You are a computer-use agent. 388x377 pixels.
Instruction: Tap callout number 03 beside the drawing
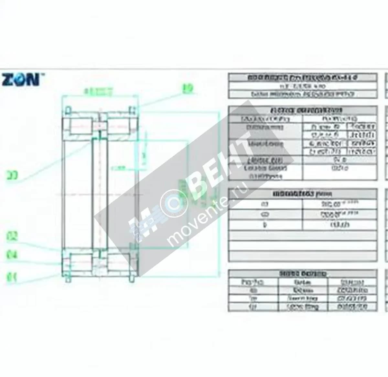pos(12,175)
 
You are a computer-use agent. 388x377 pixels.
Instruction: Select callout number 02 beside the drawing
pos(12,237)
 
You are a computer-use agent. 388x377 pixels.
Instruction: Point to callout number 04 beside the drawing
pos(12,255)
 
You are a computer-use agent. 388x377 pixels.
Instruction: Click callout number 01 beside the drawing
pos(12,277)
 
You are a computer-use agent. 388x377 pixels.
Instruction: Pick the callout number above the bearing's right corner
pos(188,88)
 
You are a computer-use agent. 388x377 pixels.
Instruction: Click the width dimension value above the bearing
pos(98,92)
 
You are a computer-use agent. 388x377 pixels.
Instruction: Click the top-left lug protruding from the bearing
pos(68,109)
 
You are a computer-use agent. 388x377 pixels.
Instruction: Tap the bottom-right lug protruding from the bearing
pos(132,278)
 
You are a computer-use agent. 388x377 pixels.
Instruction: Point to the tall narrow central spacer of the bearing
pos(99,194)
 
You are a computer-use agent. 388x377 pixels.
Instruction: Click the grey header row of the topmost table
pos(302,78)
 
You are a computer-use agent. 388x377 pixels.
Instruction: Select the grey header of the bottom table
pos(302,273)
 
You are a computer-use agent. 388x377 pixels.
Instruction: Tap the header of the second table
pos(302,110)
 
